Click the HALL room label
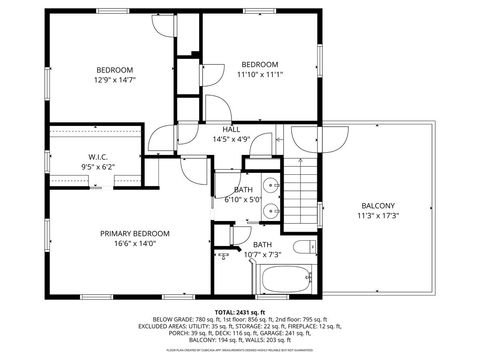(230, 129)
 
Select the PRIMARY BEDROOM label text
(134, 232)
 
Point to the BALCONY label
(377, 205)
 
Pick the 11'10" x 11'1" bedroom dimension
(260, 73)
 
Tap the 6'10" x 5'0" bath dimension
(243, 200)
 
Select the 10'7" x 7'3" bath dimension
(261, 255)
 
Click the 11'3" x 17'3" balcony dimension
(377, 215)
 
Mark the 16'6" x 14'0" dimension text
(134, 242)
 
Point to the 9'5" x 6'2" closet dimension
(98, 166)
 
